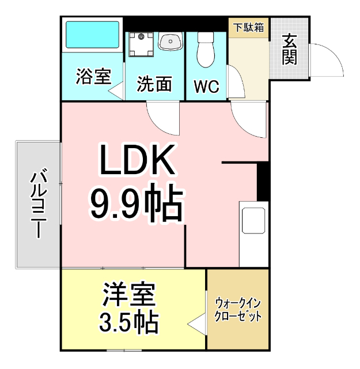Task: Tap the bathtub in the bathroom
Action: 92,36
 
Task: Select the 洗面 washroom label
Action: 154,85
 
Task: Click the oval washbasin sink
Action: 170,41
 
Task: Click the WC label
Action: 206,87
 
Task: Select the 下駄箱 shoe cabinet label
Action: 249,27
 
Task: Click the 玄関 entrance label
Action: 289,49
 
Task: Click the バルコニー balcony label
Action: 38,204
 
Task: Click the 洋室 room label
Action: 129,297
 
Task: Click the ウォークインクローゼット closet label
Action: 238,309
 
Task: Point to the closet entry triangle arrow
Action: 196,324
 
